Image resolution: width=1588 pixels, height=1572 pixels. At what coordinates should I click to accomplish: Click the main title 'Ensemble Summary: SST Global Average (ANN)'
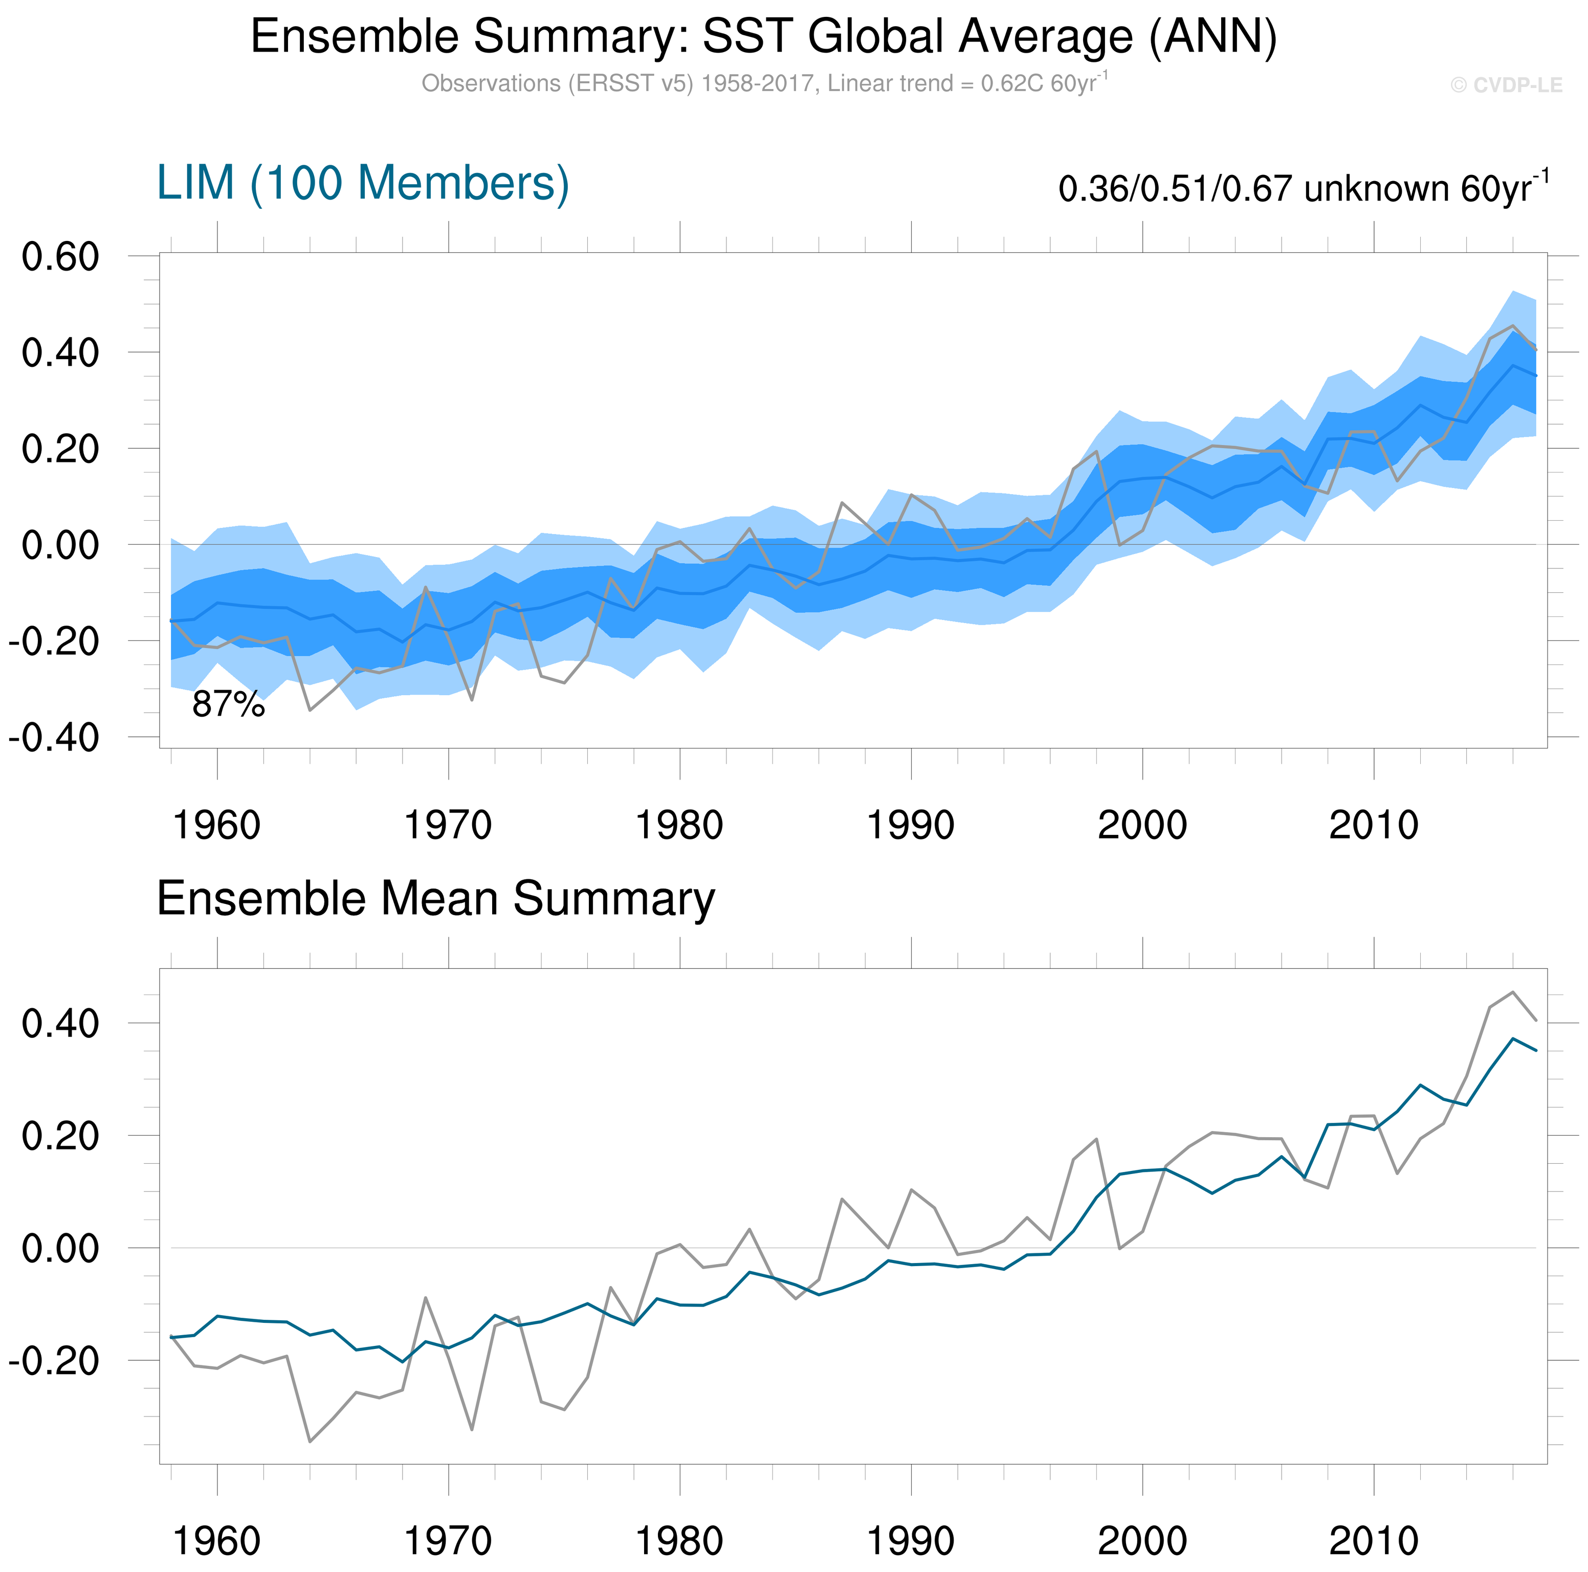(x=764, y=37)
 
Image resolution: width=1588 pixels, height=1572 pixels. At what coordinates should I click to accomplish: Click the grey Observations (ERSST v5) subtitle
(x=764, y=84)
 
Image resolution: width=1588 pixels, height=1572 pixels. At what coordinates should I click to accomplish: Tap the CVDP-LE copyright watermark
(x=1506, y=85)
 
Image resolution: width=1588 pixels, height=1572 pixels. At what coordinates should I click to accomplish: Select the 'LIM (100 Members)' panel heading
(x=363, y=183)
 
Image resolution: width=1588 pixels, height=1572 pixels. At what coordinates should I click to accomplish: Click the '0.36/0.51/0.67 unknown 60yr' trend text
(x=1303, y=188)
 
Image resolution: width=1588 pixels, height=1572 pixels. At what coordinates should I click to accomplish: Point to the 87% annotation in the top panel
(x=229, y=704)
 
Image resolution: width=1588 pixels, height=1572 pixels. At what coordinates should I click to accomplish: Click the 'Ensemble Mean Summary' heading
(x=436, y=898)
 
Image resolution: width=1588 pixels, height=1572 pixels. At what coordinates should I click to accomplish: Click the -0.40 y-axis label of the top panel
(x=54, y=737)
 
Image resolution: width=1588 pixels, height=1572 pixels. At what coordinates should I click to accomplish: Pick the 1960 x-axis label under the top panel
(x=217, y=825)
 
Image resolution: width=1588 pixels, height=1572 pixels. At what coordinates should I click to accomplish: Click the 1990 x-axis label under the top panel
(x=911, y=825)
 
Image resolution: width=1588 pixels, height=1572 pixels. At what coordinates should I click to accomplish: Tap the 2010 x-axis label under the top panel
(x=1374, y=825)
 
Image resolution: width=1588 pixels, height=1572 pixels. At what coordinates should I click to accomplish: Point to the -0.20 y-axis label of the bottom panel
(x=54, y=1361)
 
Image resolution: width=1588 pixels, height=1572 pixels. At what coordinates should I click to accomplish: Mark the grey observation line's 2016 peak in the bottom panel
(x=1512, y=992)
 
